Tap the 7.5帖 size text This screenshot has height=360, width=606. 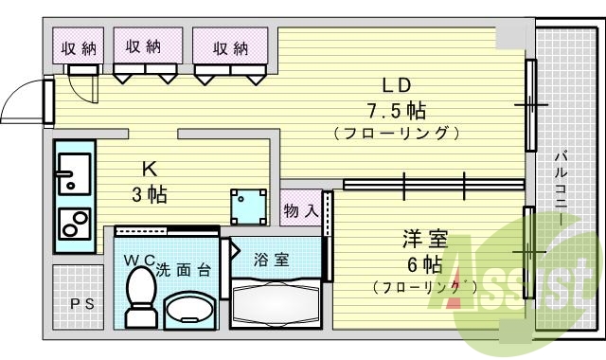point(396,110)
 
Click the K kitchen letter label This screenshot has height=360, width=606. point(149,170)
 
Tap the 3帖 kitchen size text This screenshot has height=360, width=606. point(149,195)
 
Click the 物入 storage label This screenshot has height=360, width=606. point(300,210)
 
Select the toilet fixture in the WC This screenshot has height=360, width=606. point(141,297)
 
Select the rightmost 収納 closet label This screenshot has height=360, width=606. point(229,47)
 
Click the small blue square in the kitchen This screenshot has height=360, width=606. point(248,201)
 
